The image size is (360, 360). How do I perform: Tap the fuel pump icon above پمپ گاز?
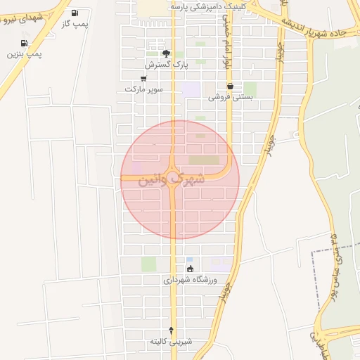tap(75, 13)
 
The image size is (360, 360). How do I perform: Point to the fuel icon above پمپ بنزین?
tap(22, 43)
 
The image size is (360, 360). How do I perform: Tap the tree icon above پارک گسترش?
tap(166, 53)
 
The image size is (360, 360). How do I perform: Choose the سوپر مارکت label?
tap(144, 89)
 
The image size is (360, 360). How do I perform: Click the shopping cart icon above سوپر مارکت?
tap(143, 79)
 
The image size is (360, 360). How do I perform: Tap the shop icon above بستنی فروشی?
tap(230, 86)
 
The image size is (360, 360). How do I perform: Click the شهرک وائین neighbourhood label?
tap(173, 179)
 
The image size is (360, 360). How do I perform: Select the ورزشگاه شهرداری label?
tap(191, 279)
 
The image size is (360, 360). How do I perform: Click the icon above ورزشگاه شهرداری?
tap(190, 269)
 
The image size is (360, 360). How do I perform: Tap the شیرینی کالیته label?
tap(170, 341)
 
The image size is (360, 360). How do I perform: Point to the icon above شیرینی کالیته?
tap(171, 330)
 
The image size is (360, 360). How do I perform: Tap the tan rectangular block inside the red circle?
tap(205, 160)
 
